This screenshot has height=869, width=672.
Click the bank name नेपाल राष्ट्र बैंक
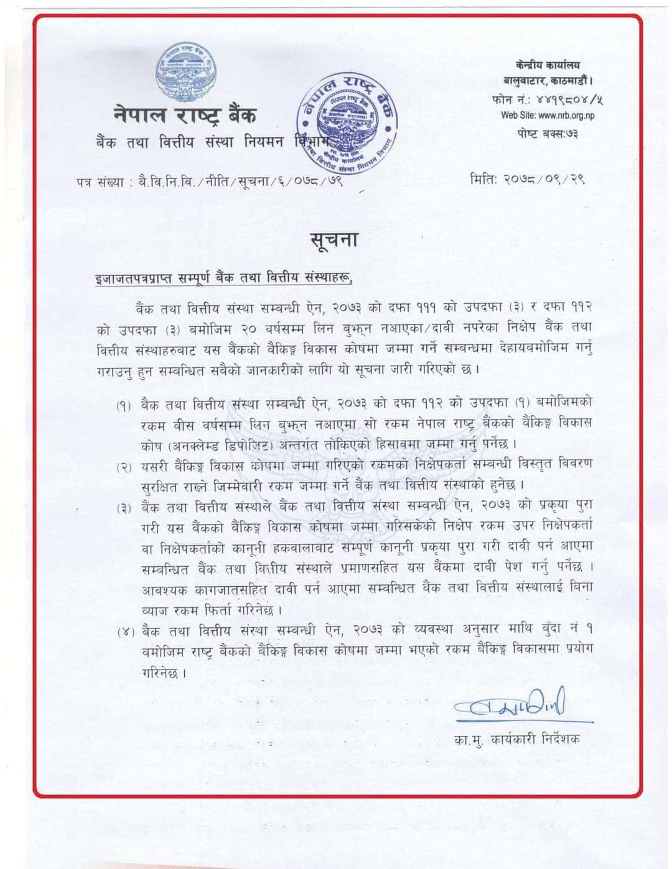coord(185,115)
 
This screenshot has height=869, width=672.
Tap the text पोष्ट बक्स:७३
coord(548,133)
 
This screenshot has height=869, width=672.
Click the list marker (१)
coord(125,406)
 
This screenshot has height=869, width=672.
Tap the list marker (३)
coord(125,508)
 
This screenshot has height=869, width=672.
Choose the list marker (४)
coord(125,632)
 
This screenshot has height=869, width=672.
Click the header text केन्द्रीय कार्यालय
coord(548,65)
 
